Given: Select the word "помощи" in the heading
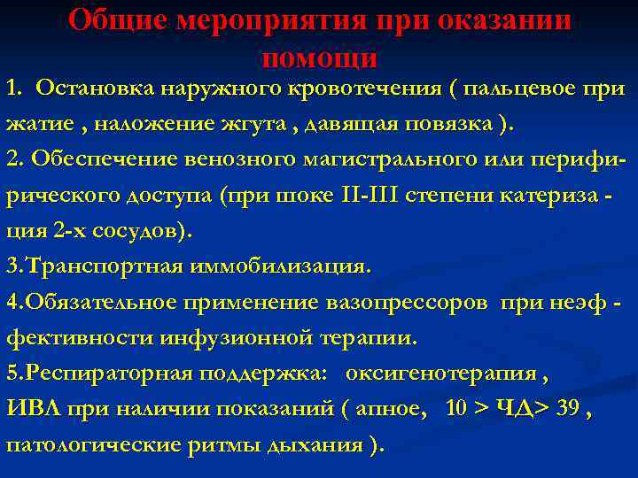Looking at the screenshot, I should coord(320,58).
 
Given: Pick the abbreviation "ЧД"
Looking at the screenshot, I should coord(513,408).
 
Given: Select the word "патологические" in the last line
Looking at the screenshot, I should coord(91,443).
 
